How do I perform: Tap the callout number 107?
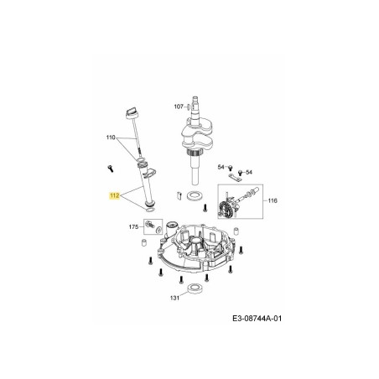click(x=179, y=106)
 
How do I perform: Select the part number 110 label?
click(x=111, y=137)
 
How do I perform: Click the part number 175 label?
click(x=132, y=226)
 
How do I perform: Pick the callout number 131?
click(x=174, y=298)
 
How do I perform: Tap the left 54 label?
click(x=221, y=167)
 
